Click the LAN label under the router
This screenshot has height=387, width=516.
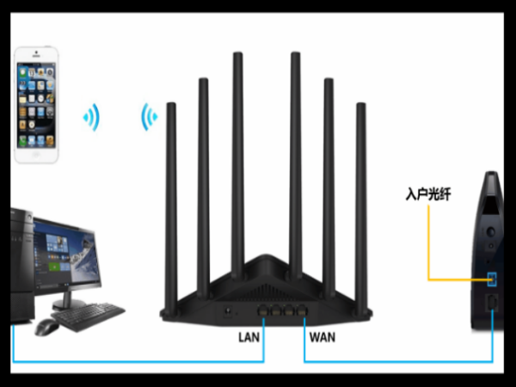pos(249,337)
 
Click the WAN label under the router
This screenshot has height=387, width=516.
pos(322,337)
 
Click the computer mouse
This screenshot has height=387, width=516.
pos(46,327)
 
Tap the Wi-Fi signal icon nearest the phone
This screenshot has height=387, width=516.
pos(91,118)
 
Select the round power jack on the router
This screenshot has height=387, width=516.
pos(227,310)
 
